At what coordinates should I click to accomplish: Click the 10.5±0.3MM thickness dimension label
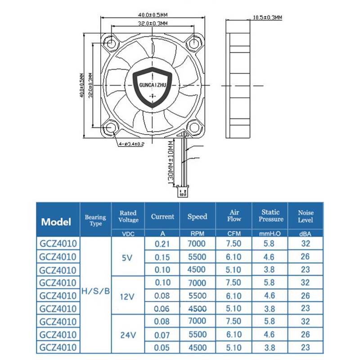(x=267, y=18)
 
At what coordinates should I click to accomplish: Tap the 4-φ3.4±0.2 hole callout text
(x=131, y=144)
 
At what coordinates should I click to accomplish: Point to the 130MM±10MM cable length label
(x=171, y=162)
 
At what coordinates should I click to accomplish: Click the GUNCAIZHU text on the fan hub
(x=153, y=85)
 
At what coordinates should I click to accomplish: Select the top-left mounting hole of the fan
(x=111, y=42)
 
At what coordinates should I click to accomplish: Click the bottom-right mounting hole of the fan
(x=194, y=127)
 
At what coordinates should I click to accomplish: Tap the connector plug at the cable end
(x=183, y=193)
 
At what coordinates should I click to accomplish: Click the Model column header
(x=56, y=222)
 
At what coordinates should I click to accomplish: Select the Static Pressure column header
(x=271, y=216)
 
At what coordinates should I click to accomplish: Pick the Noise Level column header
(x=306, y=216)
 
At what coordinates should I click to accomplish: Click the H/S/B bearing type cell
(x=96, y=291)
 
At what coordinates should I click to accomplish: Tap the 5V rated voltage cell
(x=127, y=258)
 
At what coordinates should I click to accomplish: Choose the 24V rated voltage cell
(x=128, y=335)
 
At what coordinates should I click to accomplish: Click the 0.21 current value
(x=162, y=244)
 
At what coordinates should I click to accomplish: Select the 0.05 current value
(x=162, y=347)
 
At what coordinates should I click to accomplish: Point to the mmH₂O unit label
(x=270, y=234)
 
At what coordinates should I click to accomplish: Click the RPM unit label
(x=197, y=234)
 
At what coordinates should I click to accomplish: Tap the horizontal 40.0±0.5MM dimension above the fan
(x=153, y=15)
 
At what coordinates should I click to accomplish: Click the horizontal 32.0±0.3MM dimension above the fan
(x=153, y=23)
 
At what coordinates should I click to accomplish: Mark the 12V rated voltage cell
(x=127, y=297)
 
